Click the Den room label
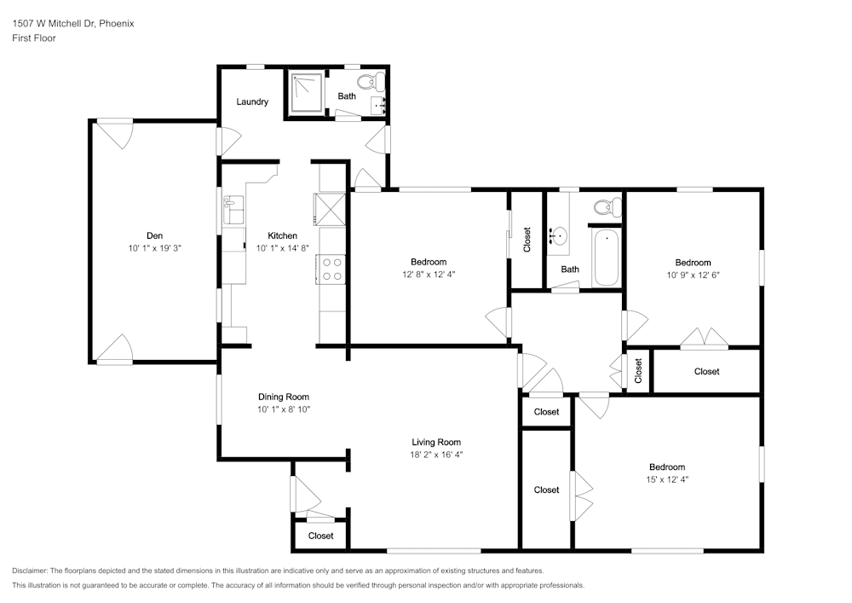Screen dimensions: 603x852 (154, 235)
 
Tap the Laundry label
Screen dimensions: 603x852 (252, 102)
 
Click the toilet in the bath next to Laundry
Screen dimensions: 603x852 (367, 82)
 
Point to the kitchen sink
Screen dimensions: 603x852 (233, 208)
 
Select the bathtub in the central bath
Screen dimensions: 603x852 (607, 258)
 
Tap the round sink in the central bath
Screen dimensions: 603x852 (560, 235)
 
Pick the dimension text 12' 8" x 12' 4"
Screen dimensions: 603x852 (429, 275)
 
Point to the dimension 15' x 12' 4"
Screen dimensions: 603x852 (667, 479)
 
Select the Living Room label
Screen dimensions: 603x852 (436, 442)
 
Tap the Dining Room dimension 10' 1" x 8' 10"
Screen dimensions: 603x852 (284, 409)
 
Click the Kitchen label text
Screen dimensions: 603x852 (283, 235)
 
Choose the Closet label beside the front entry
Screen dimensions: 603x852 (320, 536)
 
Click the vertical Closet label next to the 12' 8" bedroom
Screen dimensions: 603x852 (527, 239)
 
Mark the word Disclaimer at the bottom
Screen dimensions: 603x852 (30, 571)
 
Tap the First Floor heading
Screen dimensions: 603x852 (34, 38)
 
